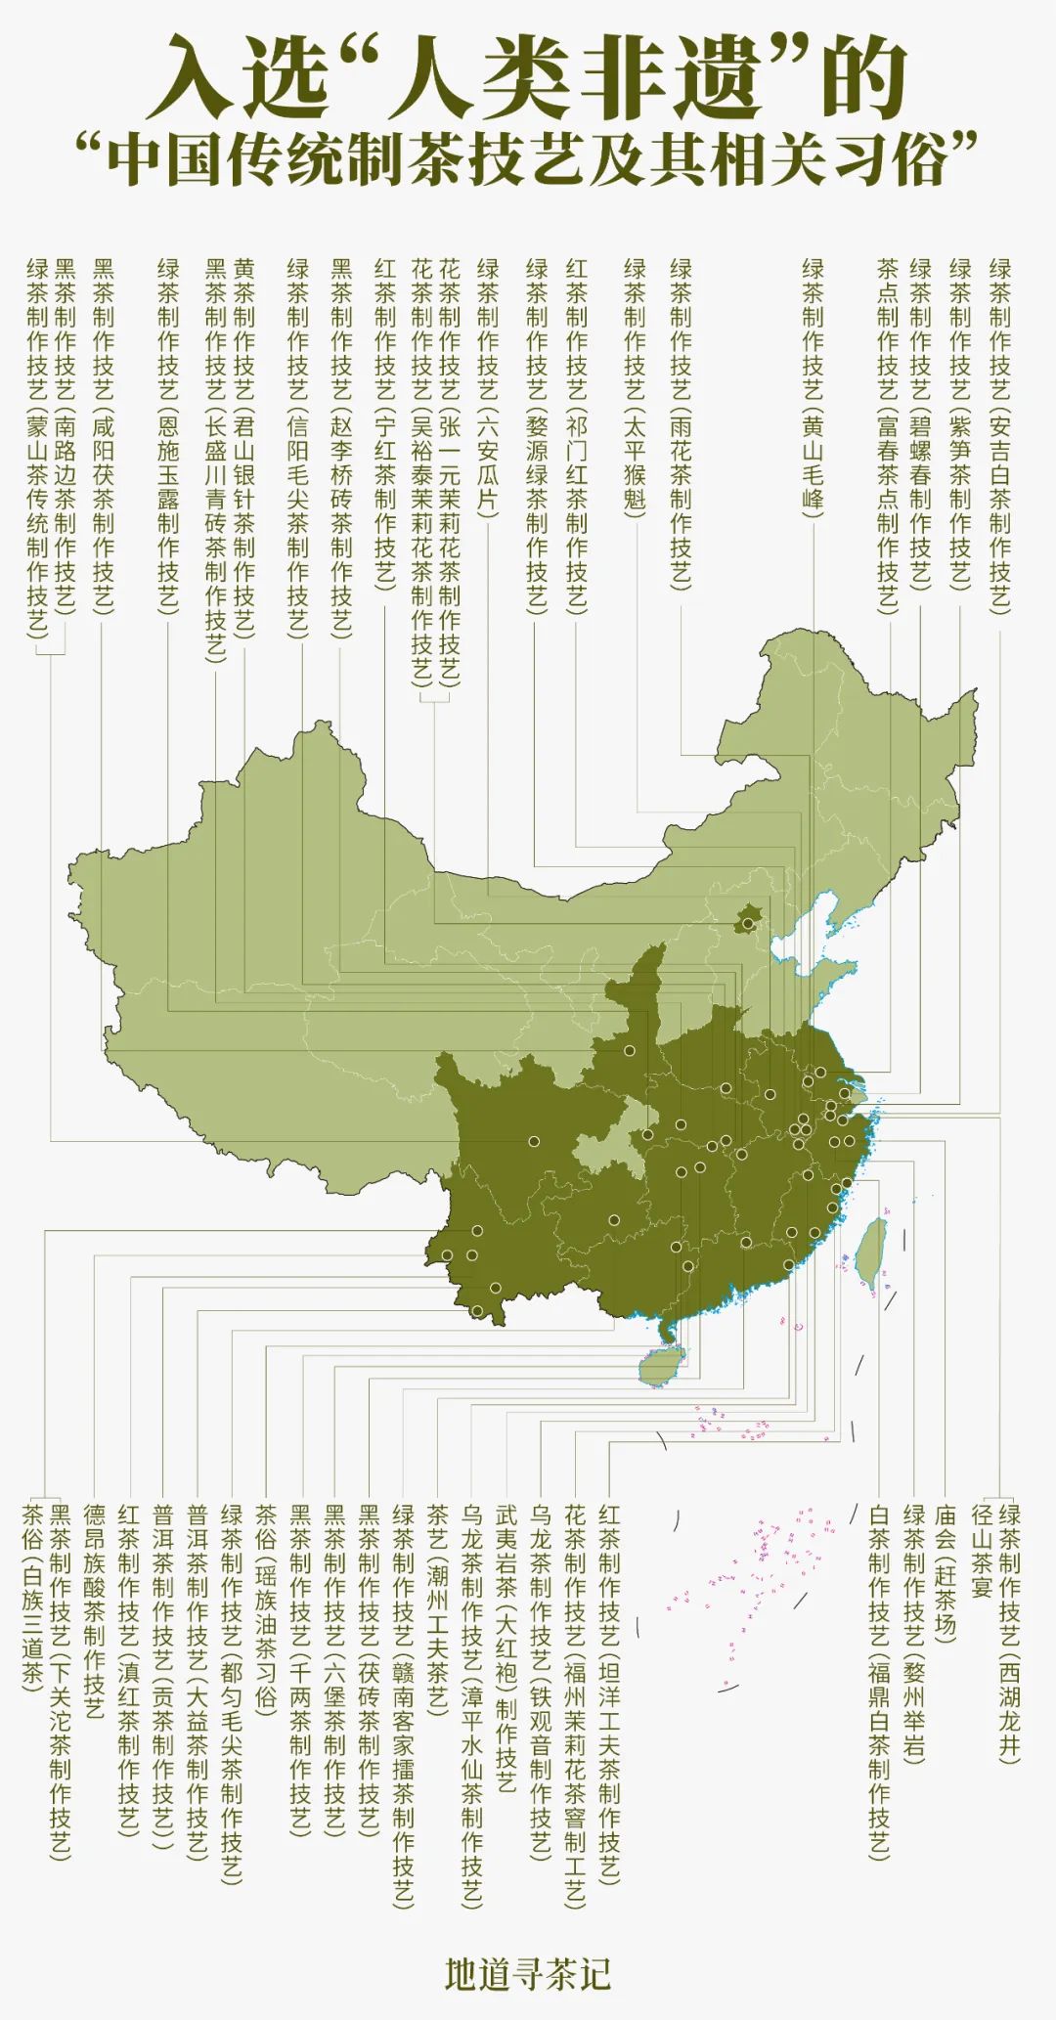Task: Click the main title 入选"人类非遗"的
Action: click(528, 76)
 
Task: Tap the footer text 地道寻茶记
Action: click(528, 1974)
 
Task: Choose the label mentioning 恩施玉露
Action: click(168, 435)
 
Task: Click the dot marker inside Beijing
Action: click(748, 923)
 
